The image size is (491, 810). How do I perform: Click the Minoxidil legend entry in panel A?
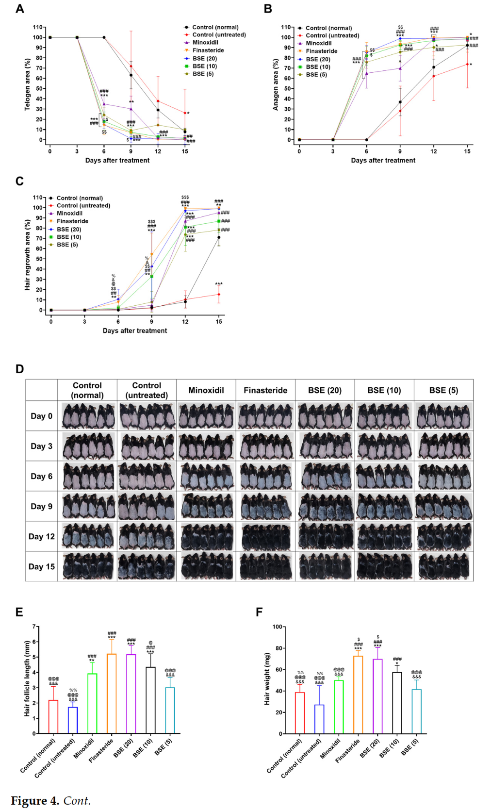(205, 43)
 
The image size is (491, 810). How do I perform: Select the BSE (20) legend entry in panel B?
(318, 59)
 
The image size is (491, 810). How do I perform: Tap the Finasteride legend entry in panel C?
(72, 221)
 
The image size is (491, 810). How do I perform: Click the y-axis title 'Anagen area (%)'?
(276, 85)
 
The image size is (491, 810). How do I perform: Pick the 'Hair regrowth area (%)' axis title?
(28, 255)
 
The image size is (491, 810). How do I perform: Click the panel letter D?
(19, 369)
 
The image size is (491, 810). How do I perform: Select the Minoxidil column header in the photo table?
(206, 390)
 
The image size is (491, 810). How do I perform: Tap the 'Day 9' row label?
(41, 506)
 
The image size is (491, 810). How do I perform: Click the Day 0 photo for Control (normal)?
(87, 416)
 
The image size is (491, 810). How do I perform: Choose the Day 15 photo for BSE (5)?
(443, 566)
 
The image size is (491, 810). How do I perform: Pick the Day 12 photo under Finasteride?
(265, 536)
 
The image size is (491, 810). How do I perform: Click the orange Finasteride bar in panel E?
(112, 694)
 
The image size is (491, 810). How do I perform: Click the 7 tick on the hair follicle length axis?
(34, 627)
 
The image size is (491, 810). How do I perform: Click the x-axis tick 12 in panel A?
(158, 151)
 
